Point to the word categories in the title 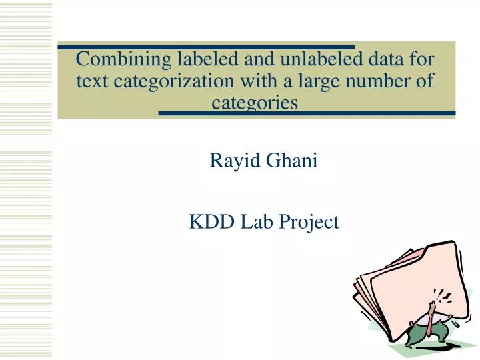click(254, 103)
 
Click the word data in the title click(383, 59)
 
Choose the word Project click(309, 222)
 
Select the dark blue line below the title click(307, 113)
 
